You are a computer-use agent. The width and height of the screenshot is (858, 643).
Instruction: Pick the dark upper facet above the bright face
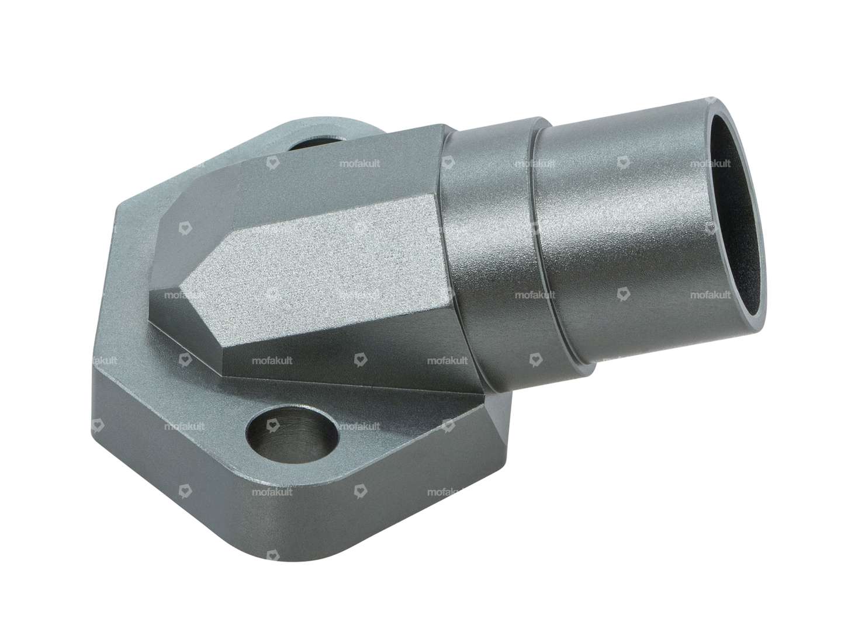click(327, 175)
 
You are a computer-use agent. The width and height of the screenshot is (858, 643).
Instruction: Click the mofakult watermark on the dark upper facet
click(359, 164)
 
